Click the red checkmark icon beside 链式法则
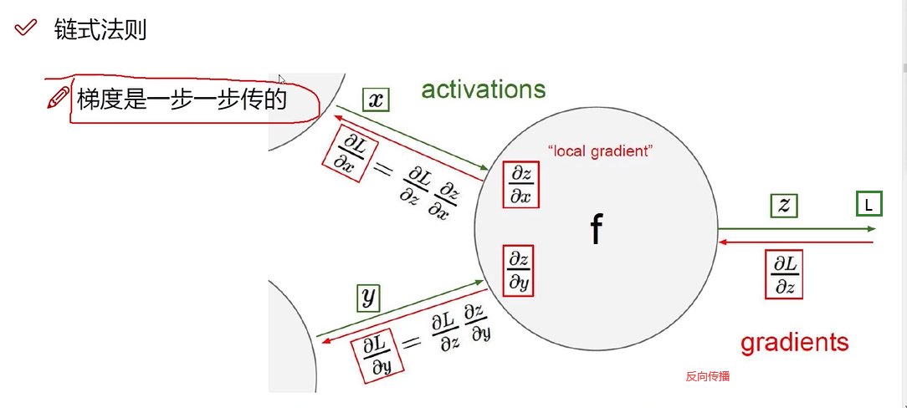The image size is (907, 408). (26, 28)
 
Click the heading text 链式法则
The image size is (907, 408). (100, 29)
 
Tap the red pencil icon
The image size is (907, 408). (59, 98)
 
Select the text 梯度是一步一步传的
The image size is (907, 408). (182, 99)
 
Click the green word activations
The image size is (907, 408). (483, 89)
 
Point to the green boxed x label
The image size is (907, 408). (377, 100)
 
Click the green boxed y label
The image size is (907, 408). (367, 297)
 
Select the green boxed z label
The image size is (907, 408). (784, 207)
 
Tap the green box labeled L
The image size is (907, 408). (869, 203)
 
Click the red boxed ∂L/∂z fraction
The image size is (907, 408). (784, 274)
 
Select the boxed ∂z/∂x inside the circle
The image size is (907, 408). (520, 185)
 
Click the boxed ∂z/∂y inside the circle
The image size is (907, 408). (519, 269)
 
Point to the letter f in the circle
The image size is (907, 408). (596, 228)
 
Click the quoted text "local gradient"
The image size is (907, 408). (600, 151)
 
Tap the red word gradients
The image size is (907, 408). (794, 341)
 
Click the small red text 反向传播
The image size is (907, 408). (708, 376)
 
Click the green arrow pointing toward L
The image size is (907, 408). (795, 228)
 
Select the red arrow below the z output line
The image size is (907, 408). (795, 242)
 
